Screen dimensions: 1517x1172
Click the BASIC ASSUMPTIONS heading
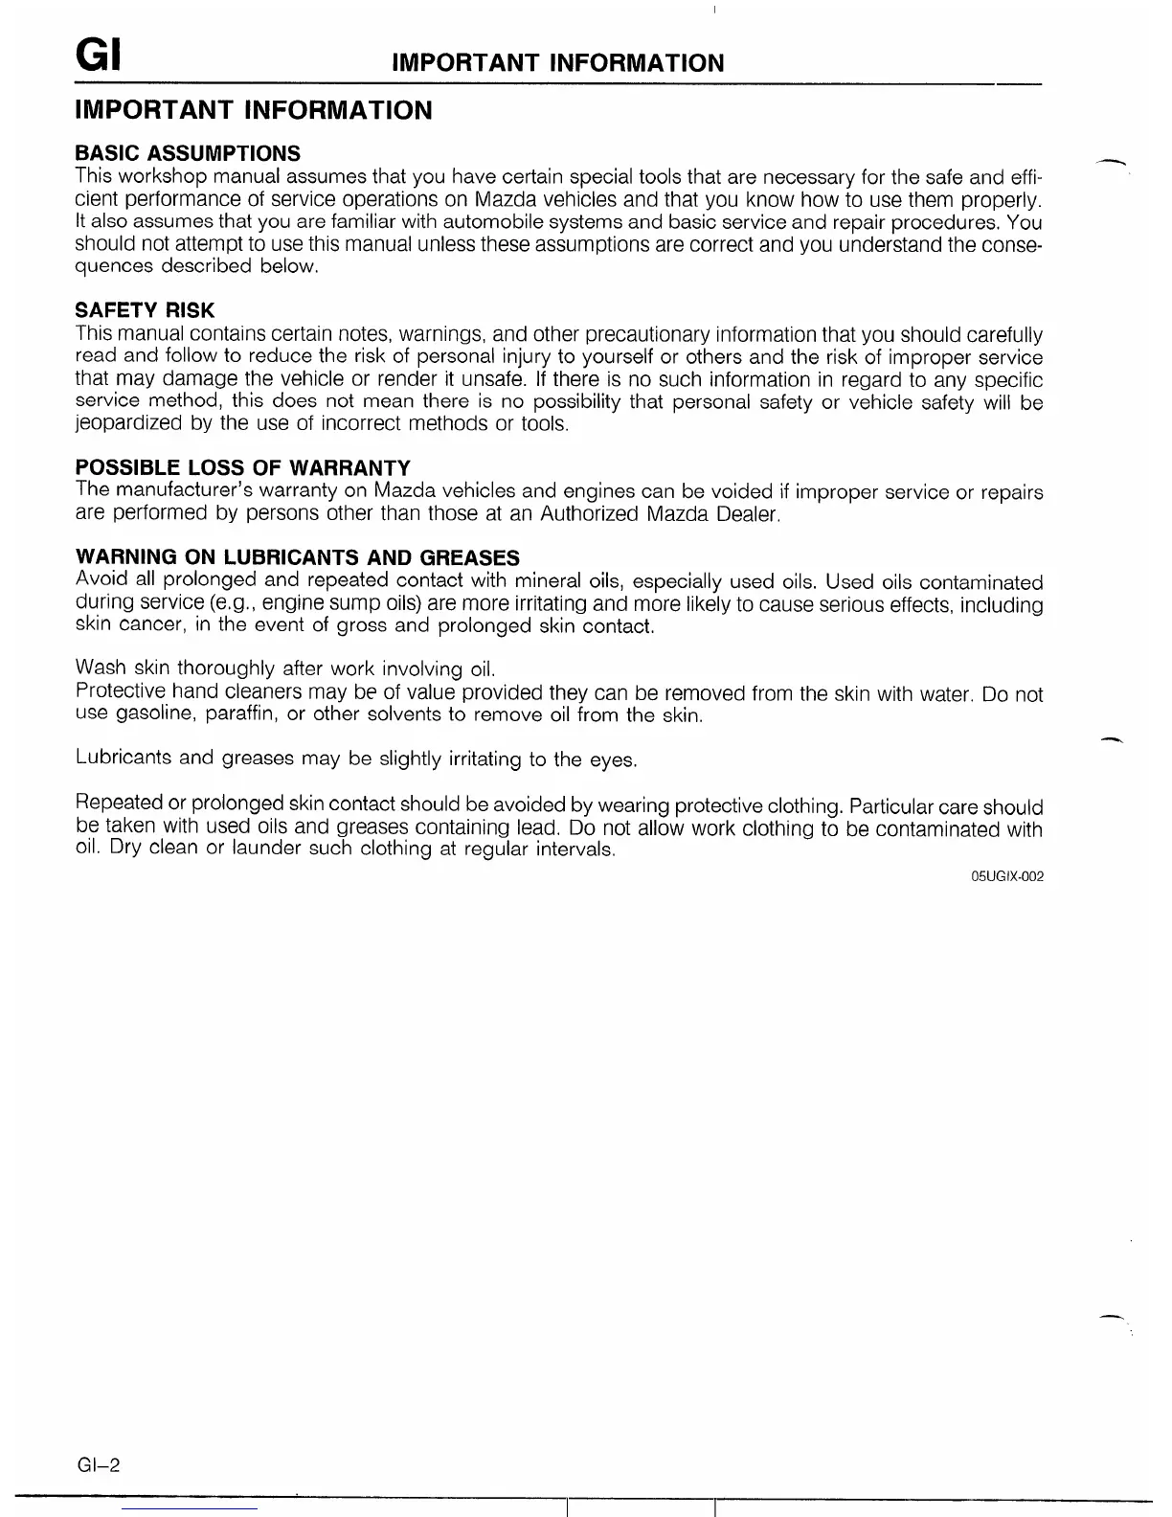tap(188, 153)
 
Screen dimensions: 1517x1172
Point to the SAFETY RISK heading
tap(145, 310)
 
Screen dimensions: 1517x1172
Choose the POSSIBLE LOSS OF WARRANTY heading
tap(242, 468)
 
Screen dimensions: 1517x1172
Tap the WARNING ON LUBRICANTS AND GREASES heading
tap(297, 557)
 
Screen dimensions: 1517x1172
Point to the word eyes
tap(613, 760)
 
